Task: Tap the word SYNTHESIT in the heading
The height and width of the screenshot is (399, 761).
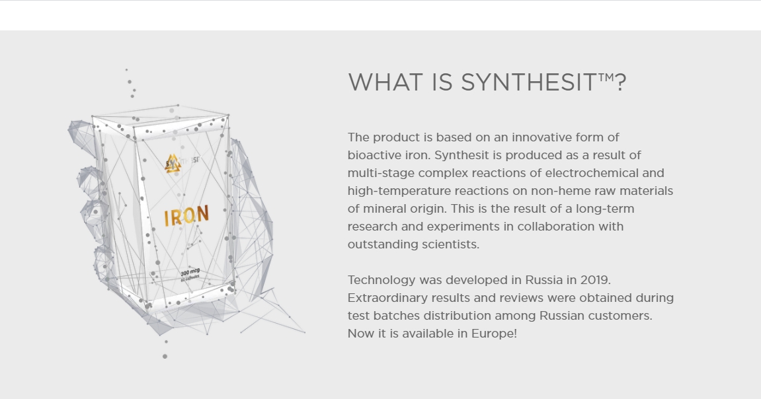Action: pos(528,83)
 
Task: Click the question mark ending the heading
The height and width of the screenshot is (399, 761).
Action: pos(620,83)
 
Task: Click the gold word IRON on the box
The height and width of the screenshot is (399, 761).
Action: pos(187,216)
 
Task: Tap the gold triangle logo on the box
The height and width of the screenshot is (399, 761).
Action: pos(173,163)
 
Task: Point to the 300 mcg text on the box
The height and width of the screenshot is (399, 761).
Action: pos(190,272)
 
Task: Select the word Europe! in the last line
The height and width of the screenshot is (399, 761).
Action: pos(494,334)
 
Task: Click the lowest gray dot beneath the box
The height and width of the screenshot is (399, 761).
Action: pos(165,356)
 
